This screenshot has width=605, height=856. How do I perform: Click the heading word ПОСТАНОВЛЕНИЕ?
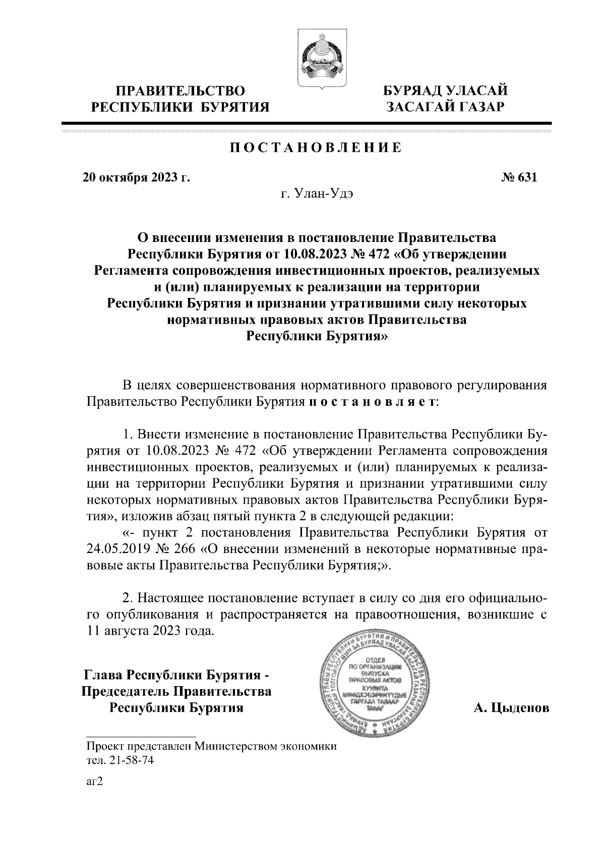[x=316, y=148]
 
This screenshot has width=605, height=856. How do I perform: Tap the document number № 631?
[x=519, y=177]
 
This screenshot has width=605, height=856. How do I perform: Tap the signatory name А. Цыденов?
[x=510, y=708]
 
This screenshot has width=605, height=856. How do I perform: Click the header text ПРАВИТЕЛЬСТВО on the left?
[x=181, y=91]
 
